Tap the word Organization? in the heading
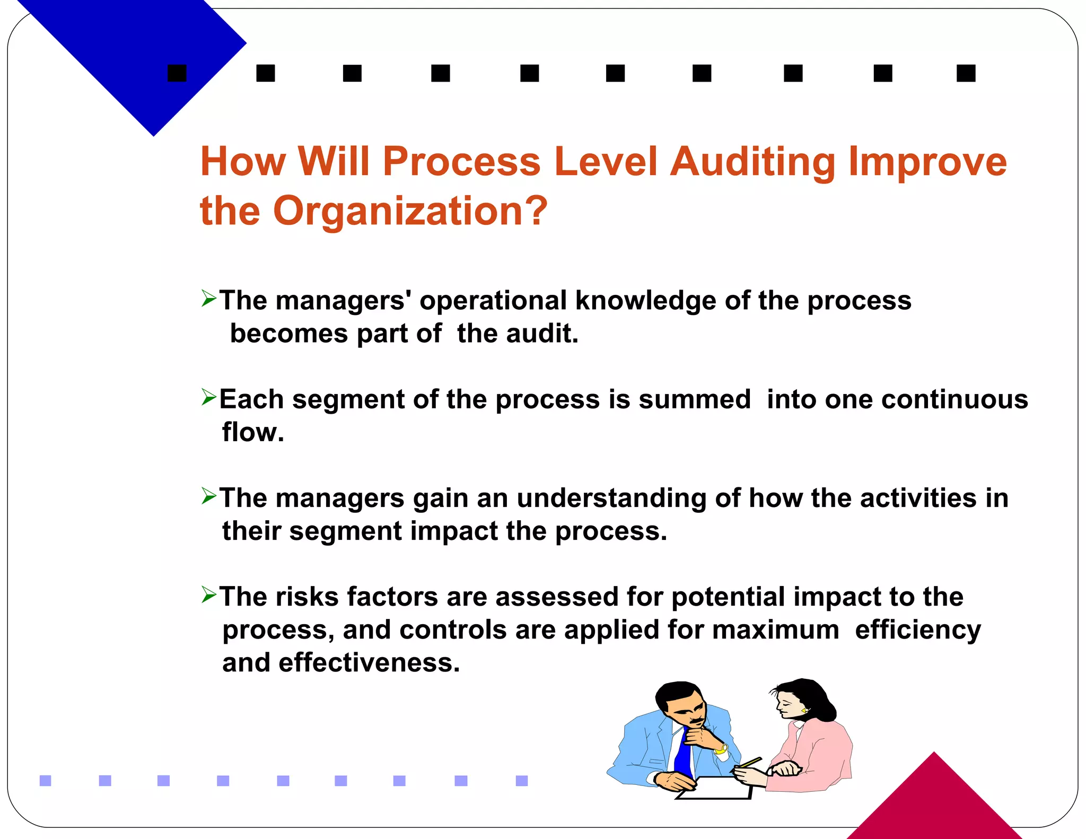[x=410, y=211]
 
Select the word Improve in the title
[x=927, y=162]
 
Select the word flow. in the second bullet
[x=253, y=432]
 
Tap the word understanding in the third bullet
[x=611, y=499]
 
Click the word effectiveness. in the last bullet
[x=369, y=663]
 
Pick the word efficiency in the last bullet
[x=918, y=630]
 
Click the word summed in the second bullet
[x=695, y=399]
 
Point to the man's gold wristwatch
[x=721, y=749]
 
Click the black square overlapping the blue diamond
[x=177, y=73]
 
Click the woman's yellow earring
[x=804, y=711]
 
